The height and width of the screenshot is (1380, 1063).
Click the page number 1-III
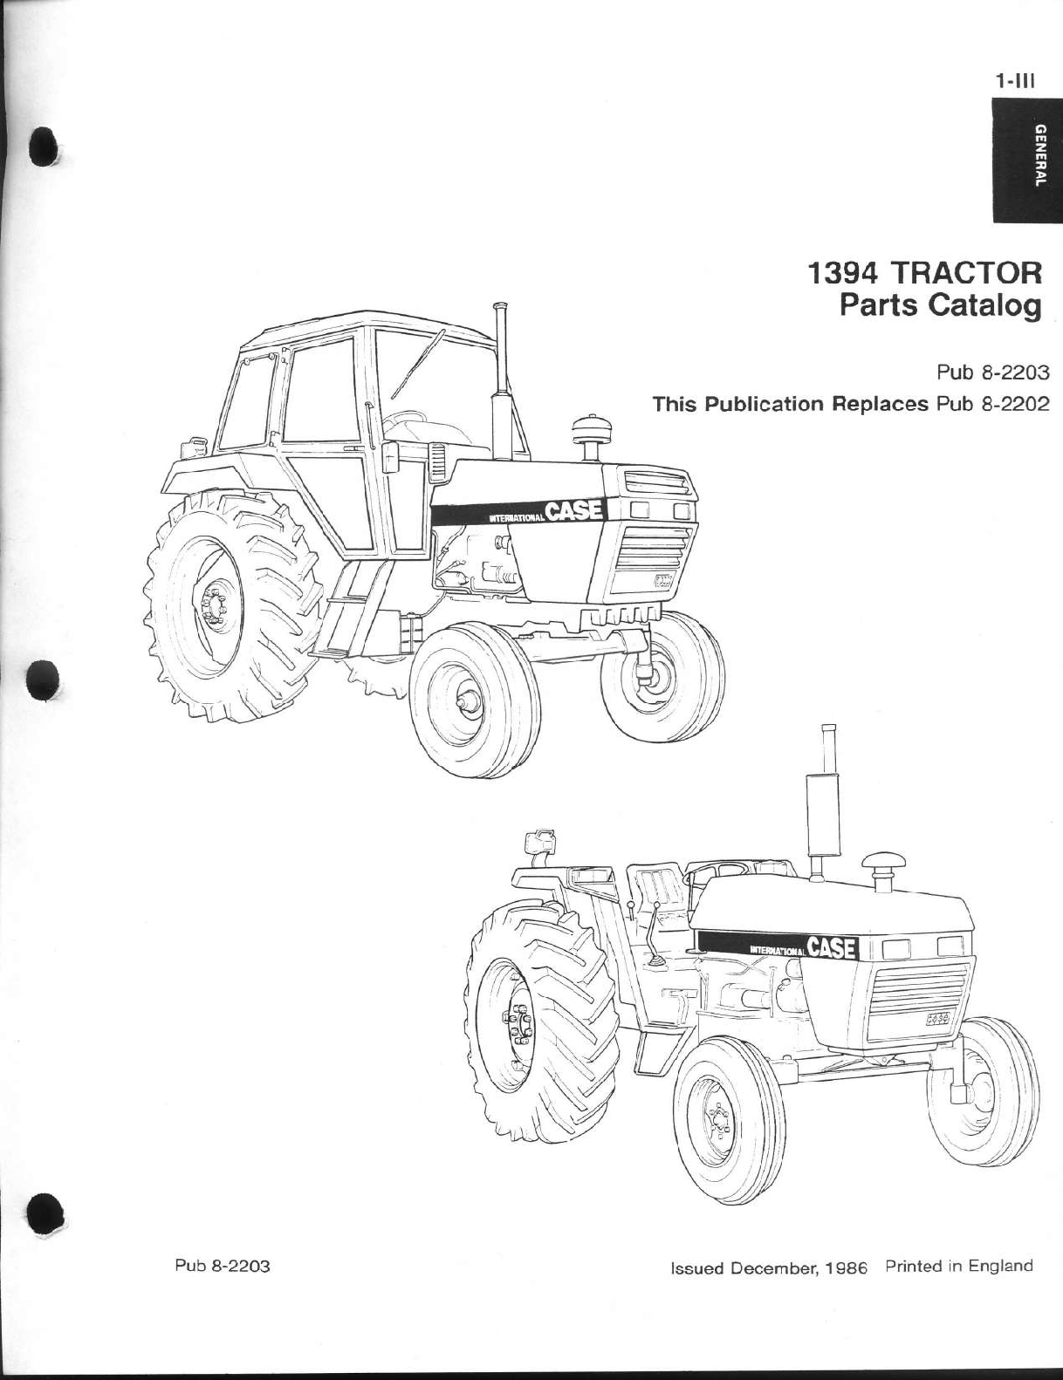[1014, 83]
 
